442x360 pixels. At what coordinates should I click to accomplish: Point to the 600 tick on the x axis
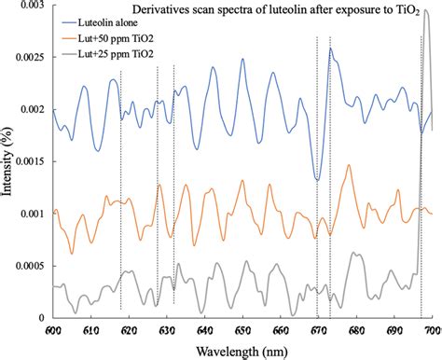53,329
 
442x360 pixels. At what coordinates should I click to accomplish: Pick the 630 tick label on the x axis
167,329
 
